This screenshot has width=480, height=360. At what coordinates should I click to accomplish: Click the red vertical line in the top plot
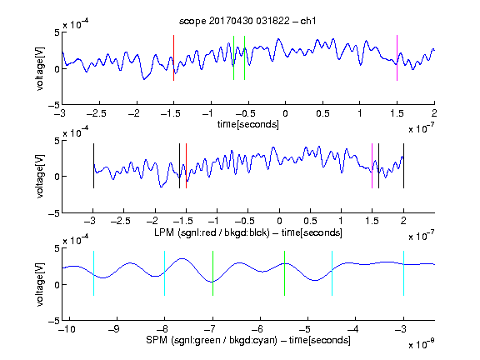[173, 57]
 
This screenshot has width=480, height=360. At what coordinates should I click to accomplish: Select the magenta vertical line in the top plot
[397, 57]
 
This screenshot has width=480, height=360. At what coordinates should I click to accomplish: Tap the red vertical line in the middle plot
[186, 166]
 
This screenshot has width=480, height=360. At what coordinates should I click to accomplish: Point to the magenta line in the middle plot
[372, 166]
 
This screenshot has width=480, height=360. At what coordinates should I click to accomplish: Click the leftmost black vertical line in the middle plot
[93, 166]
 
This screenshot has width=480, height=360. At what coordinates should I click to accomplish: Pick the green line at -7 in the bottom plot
[212, 273]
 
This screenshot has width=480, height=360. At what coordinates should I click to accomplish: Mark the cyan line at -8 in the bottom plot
[165, 273]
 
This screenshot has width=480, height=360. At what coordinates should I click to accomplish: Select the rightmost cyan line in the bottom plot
[404, 273]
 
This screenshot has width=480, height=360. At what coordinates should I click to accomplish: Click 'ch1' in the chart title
[308, 21]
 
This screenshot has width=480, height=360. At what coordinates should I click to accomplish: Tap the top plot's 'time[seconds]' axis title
[248, 124]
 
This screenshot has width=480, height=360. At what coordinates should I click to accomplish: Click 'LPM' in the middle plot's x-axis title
[164, 232]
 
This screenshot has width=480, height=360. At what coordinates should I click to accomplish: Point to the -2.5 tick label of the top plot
[97, 113]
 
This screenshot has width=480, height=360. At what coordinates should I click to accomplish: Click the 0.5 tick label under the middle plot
[310, 221]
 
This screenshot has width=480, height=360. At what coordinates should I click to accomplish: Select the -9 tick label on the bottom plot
[114, 329]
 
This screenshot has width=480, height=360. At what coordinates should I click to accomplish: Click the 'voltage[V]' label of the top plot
[40, 68]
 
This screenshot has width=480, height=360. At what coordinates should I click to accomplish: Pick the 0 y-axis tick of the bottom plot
[57, 285]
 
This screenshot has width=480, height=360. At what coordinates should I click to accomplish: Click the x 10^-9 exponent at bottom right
[422, 344]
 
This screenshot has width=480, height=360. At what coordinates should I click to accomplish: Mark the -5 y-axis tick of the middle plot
[54, 213]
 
